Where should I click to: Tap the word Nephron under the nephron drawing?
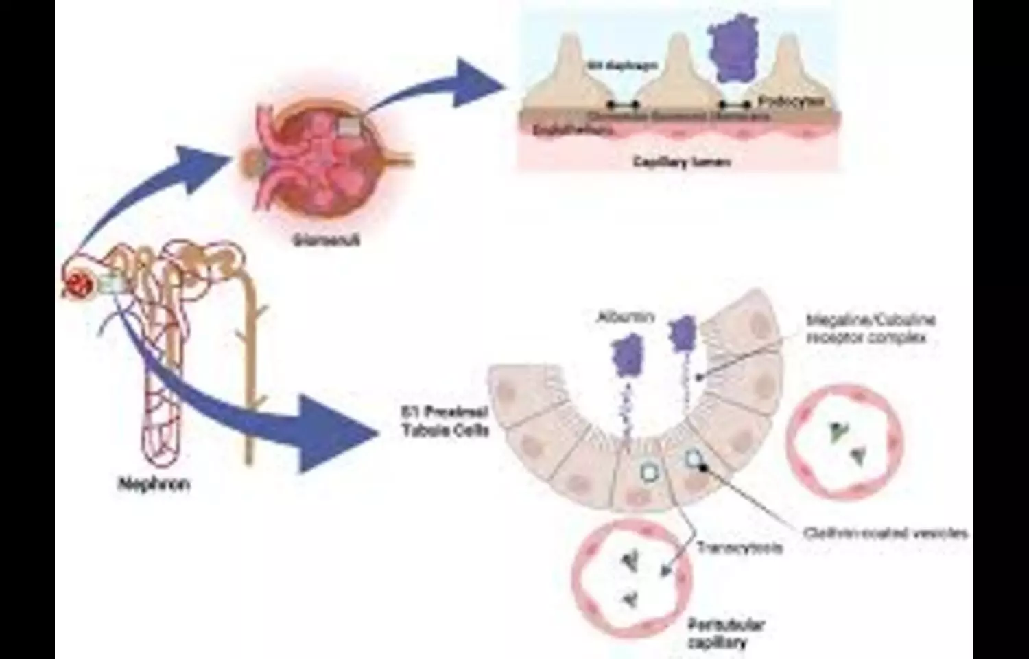coord(154,484)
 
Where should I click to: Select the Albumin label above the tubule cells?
coord(625,317)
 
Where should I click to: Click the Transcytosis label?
coord(740,548)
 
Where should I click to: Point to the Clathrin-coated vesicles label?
coord(886,533)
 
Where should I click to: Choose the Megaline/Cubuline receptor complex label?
coord(871,328)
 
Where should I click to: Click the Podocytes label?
coord(790,102)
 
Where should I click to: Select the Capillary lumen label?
coord(681,162)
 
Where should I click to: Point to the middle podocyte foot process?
coord(678,76)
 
